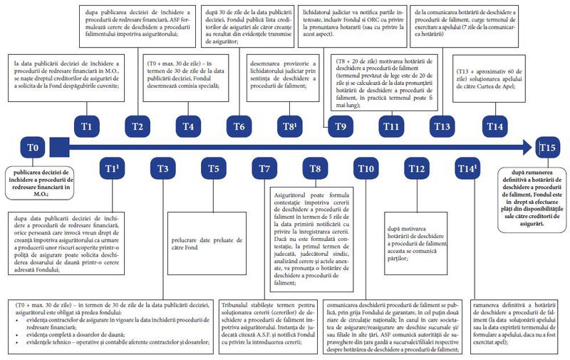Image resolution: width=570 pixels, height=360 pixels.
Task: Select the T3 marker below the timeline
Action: coord(163,169)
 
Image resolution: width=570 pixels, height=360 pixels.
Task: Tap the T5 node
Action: coord(214,169)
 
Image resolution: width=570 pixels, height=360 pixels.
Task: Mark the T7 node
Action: coord(264,169)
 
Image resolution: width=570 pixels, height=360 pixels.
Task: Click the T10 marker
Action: coord(366,169)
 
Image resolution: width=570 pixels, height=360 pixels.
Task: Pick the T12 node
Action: coord(418,169)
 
